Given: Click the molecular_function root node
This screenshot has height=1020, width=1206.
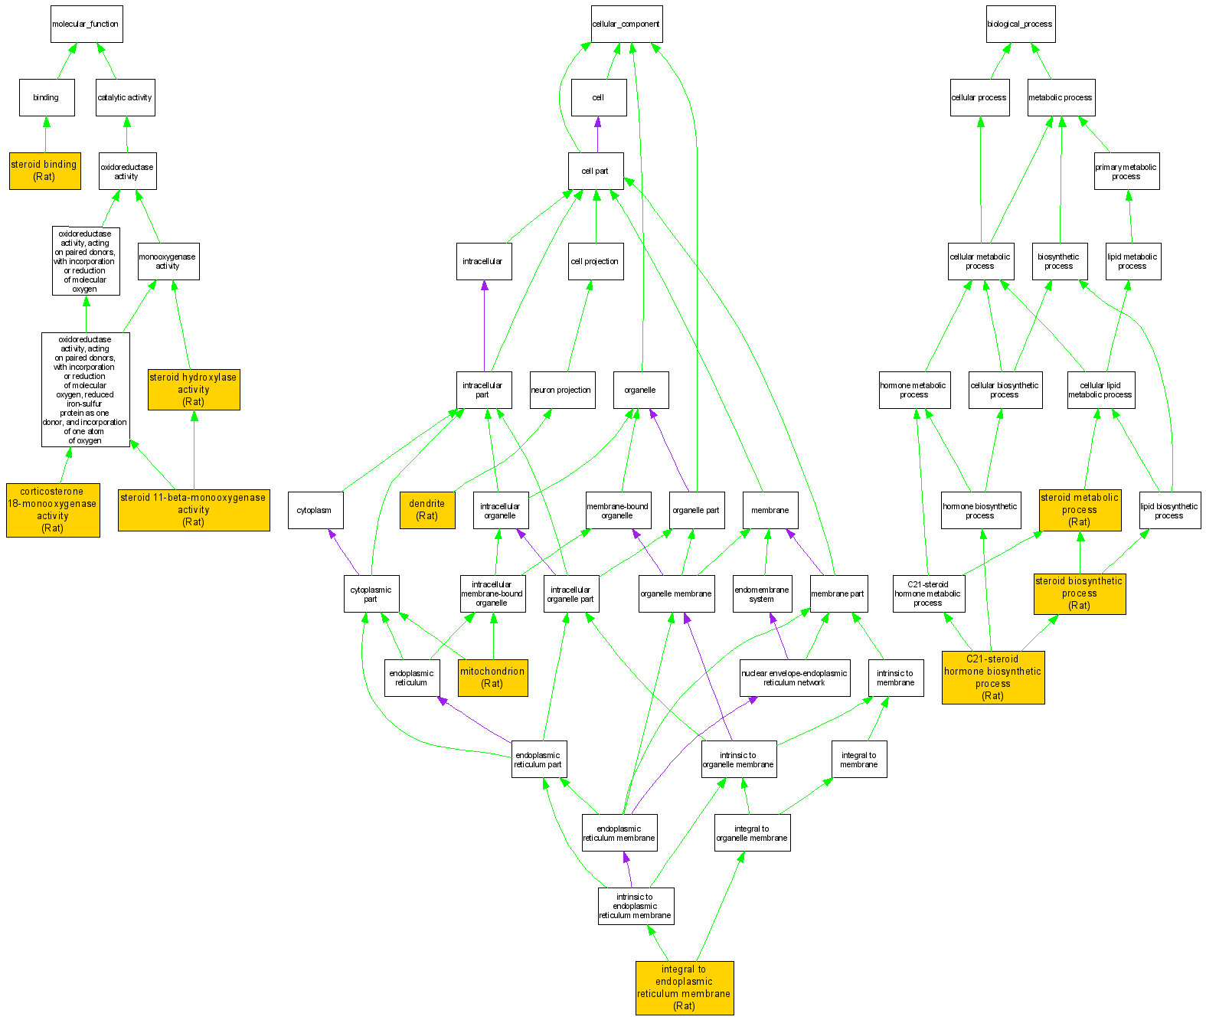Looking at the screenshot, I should coord(86,24).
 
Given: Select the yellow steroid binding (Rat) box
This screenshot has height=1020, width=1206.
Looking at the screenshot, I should coord(44,170).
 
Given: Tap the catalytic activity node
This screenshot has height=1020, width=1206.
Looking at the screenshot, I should coord(125,97).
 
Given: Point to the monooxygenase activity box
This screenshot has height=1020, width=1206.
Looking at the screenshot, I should coord(168,261).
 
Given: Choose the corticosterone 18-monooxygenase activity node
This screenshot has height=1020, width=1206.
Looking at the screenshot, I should coord(53,509).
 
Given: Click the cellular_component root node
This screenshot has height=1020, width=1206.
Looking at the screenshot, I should coord(626,24).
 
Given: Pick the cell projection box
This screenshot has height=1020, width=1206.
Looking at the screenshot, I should coord(595,261).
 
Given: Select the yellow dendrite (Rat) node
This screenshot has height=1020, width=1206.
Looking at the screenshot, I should coord(427,509).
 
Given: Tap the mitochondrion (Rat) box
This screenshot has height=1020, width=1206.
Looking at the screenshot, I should coord(492,678).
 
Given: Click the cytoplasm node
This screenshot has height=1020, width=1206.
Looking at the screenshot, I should coord(315,510).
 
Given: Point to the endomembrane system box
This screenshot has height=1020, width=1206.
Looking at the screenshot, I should coord(762,593).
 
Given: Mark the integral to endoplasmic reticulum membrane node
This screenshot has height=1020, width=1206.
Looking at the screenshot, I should coord(685,988).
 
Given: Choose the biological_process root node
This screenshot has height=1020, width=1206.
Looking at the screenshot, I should coord(1020,24).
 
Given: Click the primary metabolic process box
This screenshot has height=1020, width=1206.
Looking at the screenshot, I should coord(1126,171).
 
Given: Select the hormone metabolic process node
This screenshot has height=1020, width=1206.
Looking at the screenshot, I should coord(913,390).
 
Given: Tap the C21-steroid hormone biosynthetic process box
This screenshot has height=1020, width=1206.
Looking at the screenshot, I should coord(993,677).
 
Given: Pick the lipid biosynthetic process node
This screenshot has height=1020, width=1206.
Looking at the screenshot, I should coord(1169,510).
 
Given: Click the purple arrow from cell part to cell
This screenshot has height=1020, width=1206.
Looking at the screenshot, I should coord(597,135).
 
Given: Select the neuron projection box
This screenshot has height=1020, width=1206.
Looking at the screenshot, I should coord(561,390).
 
